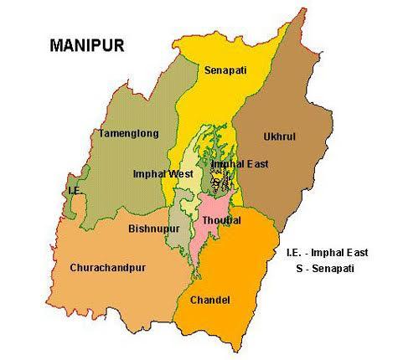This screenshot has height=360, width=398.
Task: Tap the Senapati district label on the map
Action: (x=225, y=72)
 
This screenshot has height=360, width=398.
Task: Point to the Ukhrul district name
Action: (x=280, y=136)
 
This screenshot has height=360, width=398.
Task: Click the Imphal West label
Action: (x=163, y=173)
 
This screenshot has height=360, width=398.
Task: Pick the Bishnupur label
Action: (x=152, y=227)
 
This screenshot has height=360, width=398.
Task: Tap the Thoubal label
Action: (x=221, y=219)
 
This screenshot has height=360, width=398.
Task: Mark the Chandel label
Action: (x=210, y=299)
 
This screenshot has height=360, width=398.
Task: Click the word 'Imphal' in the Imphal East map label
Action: (x=226, y=164)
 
